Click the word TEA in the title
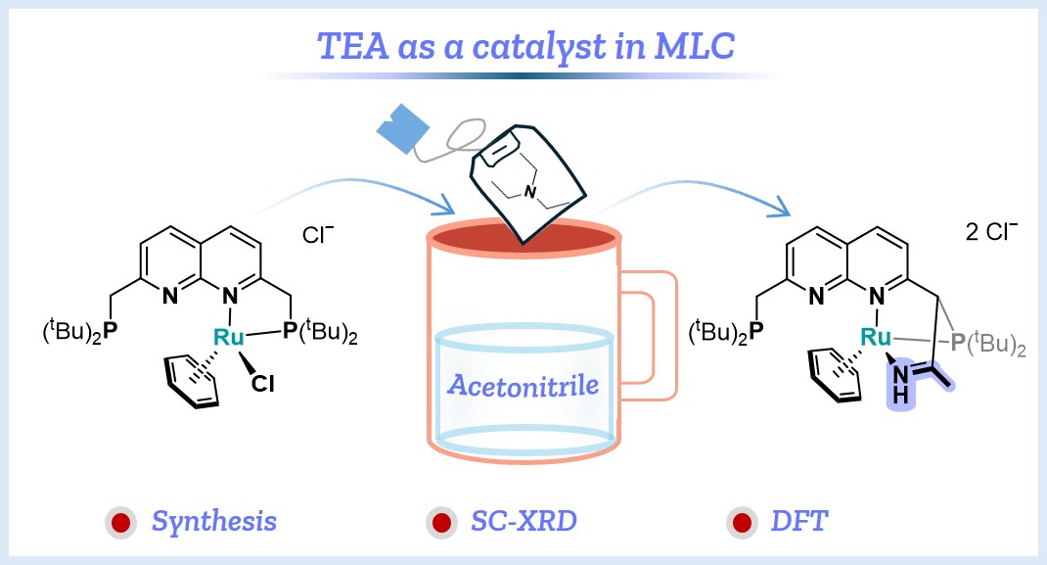click(x=353, y=46)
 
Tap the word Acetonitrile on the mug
click(x=523, y=386)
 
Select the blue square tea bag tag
click(x=403, y=129)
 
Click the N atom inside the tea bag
click(x=530, y=192)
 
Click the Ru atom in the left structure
click(x=228, y=337)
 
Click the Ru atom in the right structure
click(x=876, y=337)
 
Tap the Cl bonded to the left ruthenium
click(x=262, y=383)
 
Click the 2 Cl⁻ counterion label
click(x=991, y=231)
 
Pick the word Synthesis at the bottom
click(x=213, y=521)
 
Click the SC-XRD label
click(x=523, y=521)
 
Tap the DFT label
click(x=799, y=521)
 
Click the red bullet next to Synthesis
click(x=121, y=523)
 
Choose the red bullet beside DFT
click(x=741, y=523)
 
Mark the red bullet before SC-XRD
click(x=440, y=523)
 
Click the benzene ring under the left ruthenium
click(x=193, y=380)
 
